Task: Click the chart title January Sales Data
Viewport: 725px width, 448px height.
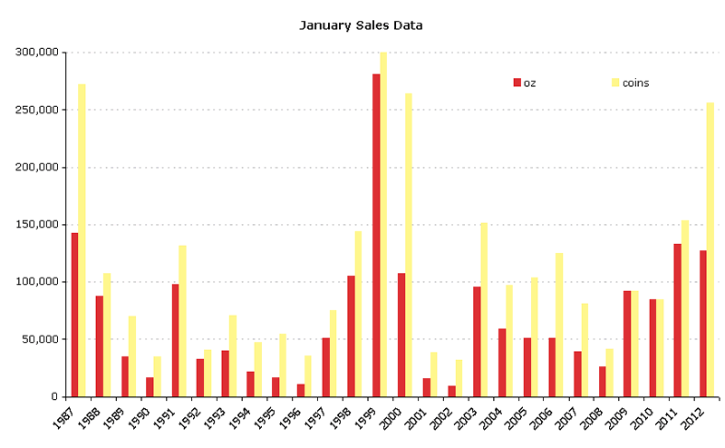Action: pyautogui.click(x=361, y=25)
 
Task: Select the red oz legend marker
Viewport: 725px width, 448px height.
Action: pyautogui.click(x=517, y=83)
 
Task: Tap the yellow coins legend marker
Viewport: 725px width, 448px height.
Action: pyautogui.click(x=615, y=83)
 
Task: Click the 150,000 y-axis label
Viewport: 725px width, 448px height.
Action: pyautogui.click(x=37, y=225)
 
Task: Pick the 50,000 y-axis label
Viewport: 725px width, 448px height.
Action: pyautogui.click(x=40, y=339)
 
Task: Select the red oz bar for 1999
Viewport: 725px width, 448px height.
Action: pyautogui.click(x=376, y=236)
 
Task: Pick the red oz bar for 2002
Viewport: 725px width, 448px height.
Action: pyautogui.click(x=451, y=391)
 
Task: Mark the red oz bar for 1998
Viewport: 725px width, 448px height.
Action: pyautogui.click(x=351, y=336)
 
